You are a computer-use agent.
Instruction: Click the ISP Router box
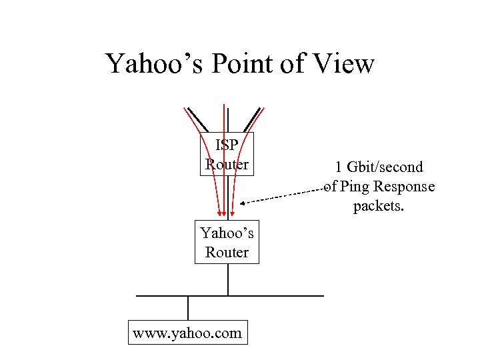click(227, 154)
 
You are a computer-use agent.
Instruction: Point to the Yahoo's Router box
click(227, 242)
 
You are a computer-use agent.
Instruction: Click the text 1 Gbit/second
click(379, 167)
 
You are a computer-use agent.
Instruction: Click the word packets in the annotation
click(378, 207)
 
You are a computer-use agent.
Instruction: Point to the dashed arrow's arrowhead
click(243, 203)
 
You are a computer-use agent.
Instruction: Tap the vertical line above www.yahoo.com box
click(188, 309)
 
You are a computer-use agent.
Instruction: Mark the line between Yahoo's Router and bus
click(228, 279)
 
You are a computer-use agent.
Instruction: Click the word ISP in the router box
click(227, 145)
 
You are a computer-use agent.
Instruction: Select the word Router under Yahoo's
click(227, 253)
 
